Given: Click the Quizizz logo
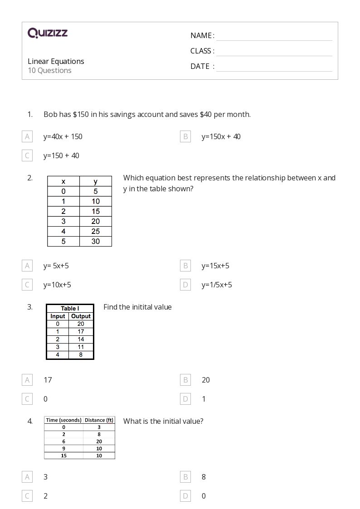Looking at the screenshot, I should [48, 33].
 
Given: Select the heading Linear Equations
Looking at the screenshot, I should [56, 61].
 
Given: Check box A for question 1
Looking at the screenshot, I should [27, 136].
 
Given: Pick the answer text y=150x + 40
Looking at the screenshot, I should [221, 136].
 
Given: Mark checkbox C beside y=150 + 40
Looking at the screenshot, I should [27, 155].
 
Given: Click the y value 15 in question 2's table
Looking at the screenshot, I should [95, 211].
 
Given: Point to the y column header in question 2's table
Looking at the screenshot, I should [95, 181].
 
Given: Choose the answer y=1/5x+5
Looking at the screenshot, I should [217, 285].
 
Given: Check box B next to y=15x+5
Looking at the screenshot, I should [185, 266].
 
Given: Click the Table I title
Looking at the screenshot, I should [70, 309].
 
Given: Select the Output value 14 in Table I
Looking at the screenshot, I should [81, 339].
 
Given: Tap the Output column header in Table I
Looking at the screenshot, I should [81, 316].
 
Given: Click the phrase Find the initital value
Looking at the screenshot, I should [137, 307].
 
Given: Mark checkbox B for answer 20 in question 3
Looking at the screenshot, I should [185, 380].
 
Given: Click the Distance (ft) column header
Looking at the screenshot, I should [99, 420].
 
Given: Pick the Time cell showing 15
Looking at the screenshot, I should [63, 456].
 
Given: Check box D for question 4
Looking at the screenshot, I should [185, 496].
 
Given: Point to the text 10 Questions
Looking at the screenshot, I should [49, 70].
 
